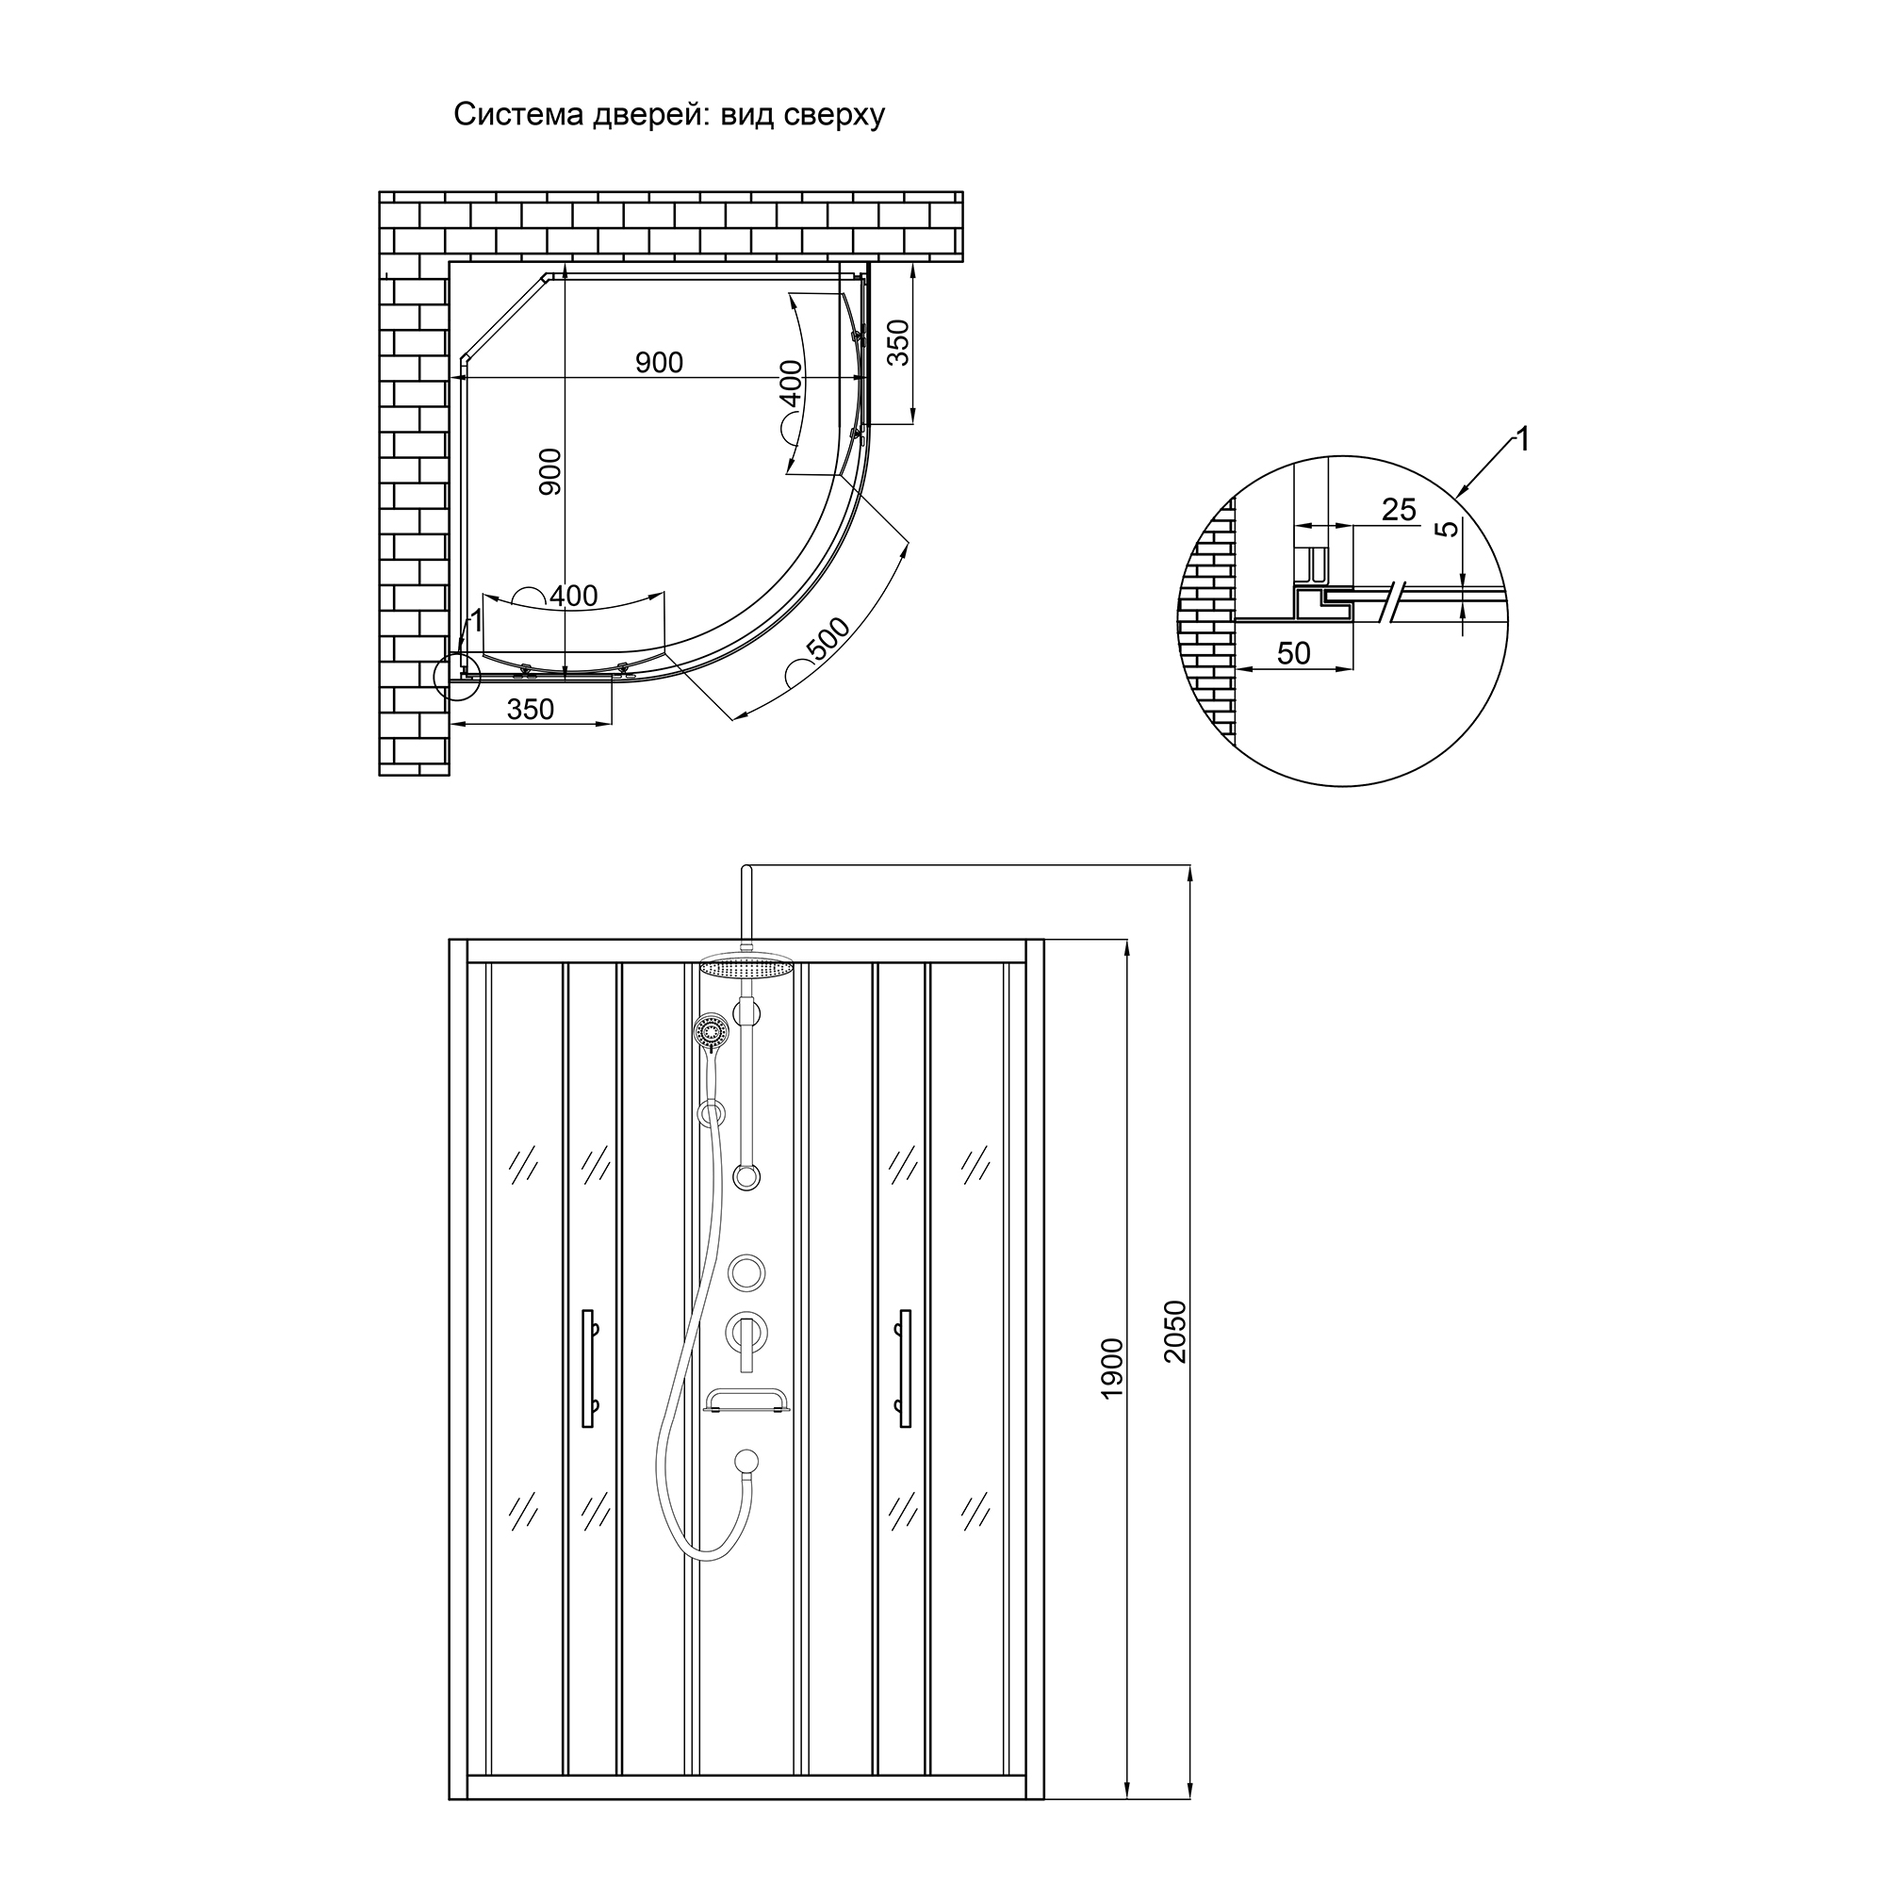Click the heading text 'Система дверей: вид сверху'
pos(668,115)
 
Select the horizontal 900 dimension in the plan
pos(659,363)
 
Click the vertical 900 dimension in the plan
pos(551,471)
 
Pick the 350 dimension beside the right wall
pos(898,341)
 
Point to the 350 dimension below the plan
pos(530,710)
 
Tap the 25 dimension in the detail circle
pos(1398,509)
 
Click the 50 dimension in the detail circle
pos(1294,654)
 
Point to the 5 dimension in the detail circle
pos(1450,528)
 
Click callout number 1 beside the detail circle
pos(1521,440)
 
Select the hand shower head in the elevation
pos(711,1031)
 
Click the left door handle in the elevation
pos(587,1368)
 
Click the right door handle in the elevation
pos(906,1368)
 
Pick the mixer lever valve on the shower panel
pos(746,1333)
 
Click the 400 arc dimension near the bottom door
pos(573,595)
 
